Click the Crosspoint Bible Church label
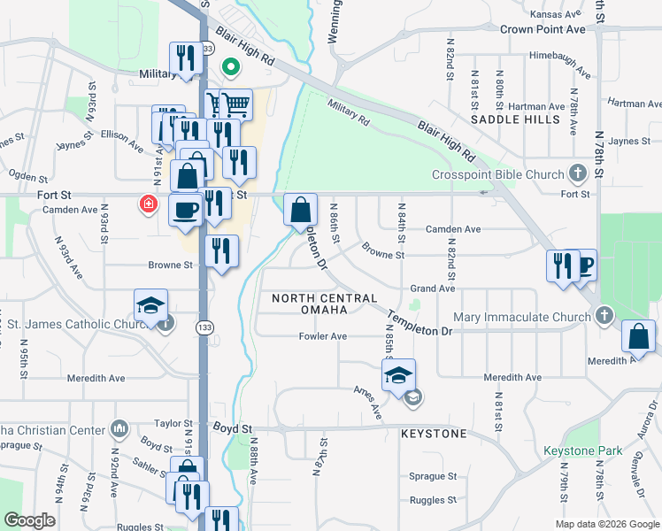click(497, 174)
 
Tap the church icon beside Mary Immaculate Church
click(604, 316)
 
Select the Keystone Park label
click(584, 450)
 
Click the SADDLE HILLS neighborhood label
click(515, 119)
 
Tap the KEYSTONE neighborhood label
click(434, 435)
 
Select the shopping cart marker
click(236, 105)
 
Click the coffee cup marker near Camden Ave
click(185, 211)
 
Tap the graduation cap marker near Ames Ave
click(398, 375)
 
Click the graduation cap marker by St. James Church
click(150, 305)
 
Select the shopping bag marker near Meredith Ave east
click(638, 337)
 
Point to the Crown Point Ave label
click(543, 29)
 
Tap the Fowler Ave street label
click(323, 336)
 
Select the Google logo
click(30, 520)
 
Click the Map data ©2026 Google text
click(606, 524)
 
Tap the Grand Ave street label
click(432, 289)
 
